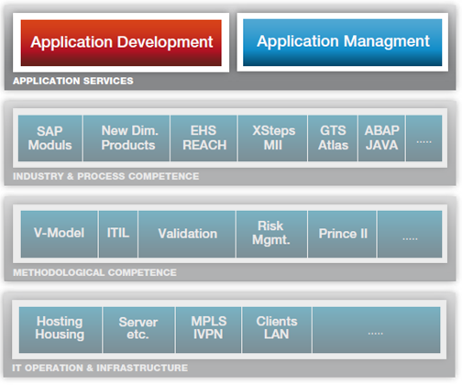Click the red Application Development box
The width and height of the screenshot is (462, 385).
pyautogui.click(x=121, y=43)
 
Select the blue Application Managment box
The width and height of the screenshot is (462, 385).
pyautogui.click(x=343, y=42)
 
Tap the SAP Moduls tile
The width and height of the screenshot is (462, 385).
pyautogui.click(x=50, y=138)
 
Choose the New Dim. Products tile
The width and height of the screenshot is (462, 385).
pyautogui.click(x=126, y=138)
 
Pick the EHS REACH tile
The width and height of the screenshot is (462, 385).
pyautogui.click(x=203, y=138)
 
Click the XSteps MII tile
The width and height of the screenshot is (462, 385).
pyautogui.click(x=272, y=138)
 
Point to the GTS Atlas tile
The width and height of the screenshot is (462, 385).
pyautogui.click(x=333, y=138)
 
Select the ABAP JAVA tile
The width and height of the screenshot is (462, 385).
pyautogui.click(x=381, y=138)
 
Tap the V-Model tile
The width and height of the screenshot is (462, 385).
pyautogui.click(x=60, y=234)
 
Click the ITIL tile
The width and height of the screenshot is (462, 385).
pyautogui.click(x=118, y=234)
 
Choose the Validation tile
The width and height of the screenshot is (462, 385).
pyautogui.click(x=187, y=234)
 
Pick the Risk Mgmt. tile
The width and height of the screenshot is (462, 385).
pyautogui.click(x=271, y=234)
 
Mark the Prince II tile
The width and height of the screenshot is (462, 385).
pyautogui.click(x=342, y=234)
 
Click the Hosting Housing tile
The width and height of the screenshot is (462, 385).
pyautogui.click(x=60, y=330)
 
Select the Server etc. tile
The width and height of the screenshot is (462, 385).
pyautogui.click(x=138, y=330)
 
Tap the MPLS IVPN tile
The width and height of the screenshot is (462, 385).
pyautogui.click(x=208, y=330)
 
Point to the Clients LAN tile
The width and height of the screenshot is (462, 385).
pyautogui.click(x=277, y=330)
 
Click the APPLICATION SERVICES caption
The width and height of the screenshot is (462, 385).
pyautogui.click(x=73, y=81)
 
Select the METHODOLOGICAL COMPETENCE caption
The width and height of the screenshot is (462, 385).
pyautogui.click(x=94, y=272)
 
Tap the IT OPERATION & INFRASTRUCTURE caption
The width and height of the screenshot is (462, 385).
pyautogui.click(x=100, y=368)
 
